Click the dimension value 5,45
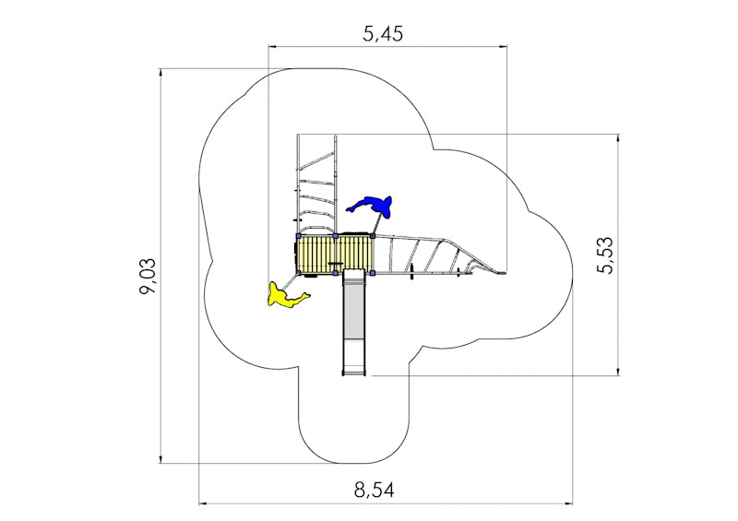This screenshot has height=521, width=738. (x=383, y=34)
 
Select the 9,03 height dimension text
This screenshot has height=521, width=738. (x=148, y=276)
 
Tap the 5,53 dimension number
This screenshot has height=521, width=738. (x=605, y=255)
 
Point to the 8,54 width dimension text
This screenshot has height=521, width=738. (x=375, y=490)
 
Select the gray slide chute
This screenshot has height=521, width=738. (x=354, y=322)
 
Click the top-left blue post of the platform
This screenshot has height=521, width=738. (x=298, y=236)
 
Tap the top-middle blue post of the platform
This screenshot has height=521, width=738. (x=335, y=236)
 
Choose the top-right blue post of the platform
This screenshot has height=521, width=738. (x=373, y=236)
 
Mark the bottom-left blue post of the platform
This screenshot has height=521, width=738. (x=298, y=273)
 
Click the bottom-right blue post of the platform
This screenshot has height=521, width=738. (x=373, y=273)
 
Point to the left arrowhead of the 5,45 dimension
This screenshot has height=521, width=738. (x=271, y=47)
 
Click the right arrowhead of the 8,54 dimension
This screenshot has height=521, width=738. (x=569, y=503)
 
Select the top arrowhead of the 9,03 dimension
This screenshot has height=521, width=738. (x=161, y=73)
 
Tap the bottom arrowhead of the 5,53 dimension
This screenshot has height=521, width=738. (x=618, y=372)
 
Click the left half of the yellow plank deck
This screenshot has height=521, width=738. (x=316, y=255)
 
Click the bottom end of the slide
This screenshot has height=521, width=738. (x=354, y=374)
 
